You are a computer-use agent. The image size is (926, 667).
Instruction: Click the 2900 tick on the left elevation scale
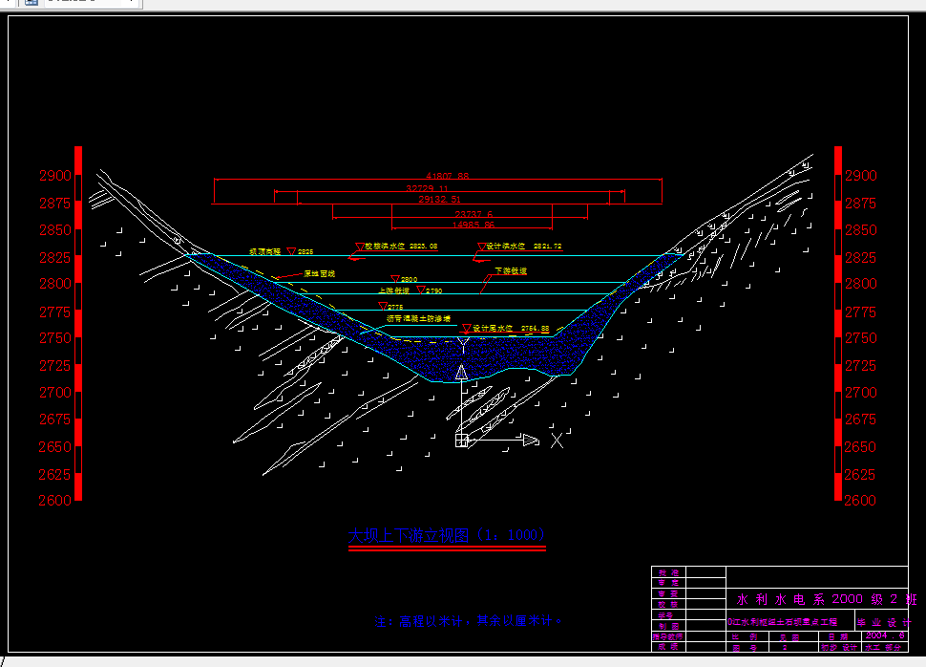click(54, 176)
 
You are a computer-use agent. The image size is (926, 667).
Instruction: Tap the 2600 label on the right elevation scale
click(860, 500)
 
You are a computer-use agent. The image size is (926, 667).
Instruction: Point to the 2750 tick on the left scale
click(54, 338)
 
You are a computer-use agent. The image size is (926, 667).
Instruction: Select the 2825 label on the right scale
click(860, 257)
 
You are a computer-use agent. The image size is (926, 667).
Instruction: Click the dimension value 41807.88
click(448, 176)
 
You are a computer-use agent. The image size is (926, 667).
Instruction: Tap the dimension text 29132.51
click(440, 201)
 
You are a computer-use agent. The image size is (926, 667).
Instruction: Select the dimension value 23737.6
click(474, 214)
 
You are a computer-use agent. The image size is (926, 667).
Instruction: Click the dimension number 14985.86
click(474, 225)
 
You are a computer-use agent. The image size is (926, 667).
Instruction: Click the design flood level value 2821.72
click(543, 247)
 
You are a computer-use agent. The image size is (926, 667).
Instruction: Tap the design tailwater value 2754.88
click(534, 329)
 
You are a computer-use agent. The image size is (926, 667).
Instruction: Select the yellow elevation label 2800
click(409, 279)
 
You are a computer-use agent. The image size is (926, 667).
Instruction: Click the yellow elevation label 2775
click(395, 307)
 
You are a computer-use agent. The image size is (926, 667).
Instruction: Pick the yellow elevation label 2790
click(434, 290)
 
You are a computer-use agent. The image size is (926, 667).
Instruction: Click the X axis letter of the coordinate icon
click(557, 440)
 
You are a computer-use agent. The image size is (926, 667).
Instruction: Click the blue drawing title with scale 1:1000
click(448, 535)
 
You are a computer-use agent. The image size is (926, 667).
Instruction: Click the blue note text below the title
click(469, 621)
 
